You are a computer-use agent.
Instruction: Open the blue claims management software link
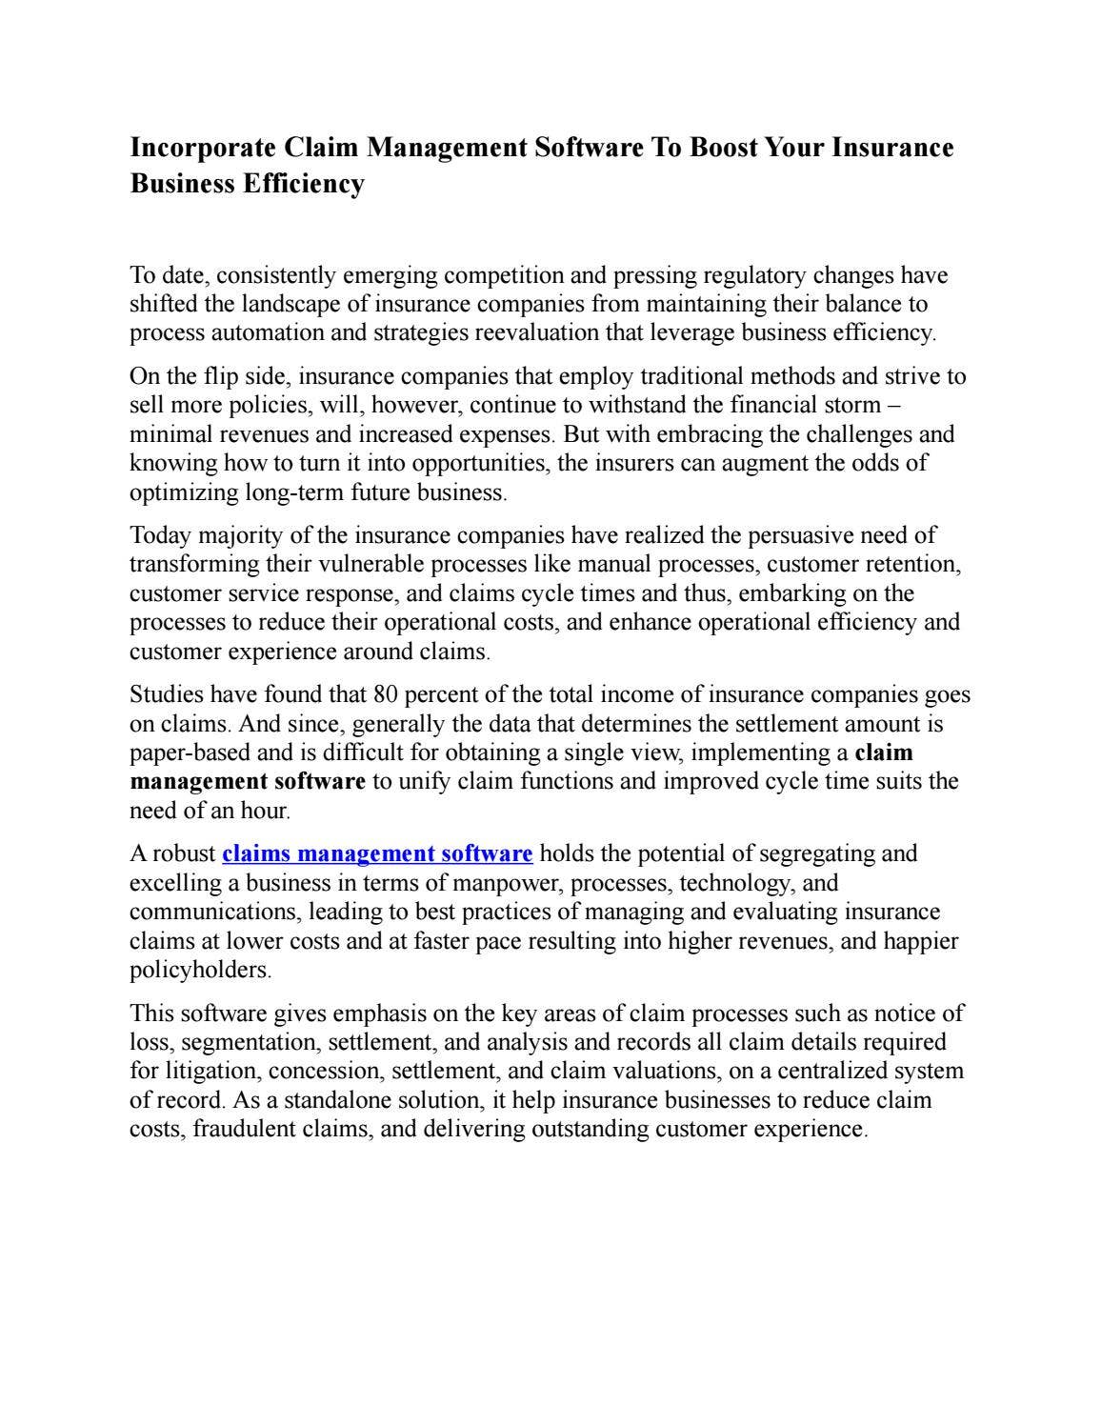click(x=377, y=853)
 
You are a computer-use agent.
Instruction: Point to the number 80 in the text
click(x=385, y=694)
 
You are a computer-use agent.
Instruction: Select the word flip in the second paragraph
click(x=222, y=377)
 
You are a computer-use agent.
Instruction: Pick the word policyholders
click(x=199, y=970)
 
